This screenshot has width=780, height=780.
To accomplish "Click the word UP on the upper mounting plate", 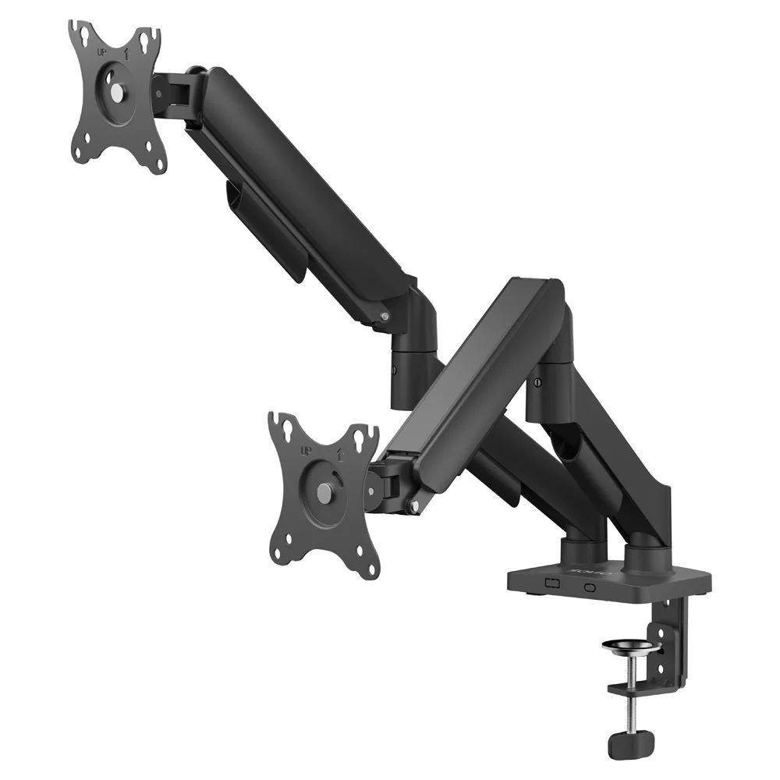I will [x=101, y=52].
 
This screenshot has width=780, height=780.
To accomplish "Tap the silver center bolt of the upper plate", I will [x=116, y=91].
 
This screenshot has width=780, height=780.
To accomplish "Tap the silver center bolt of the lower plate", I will [x=324, y=492].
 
